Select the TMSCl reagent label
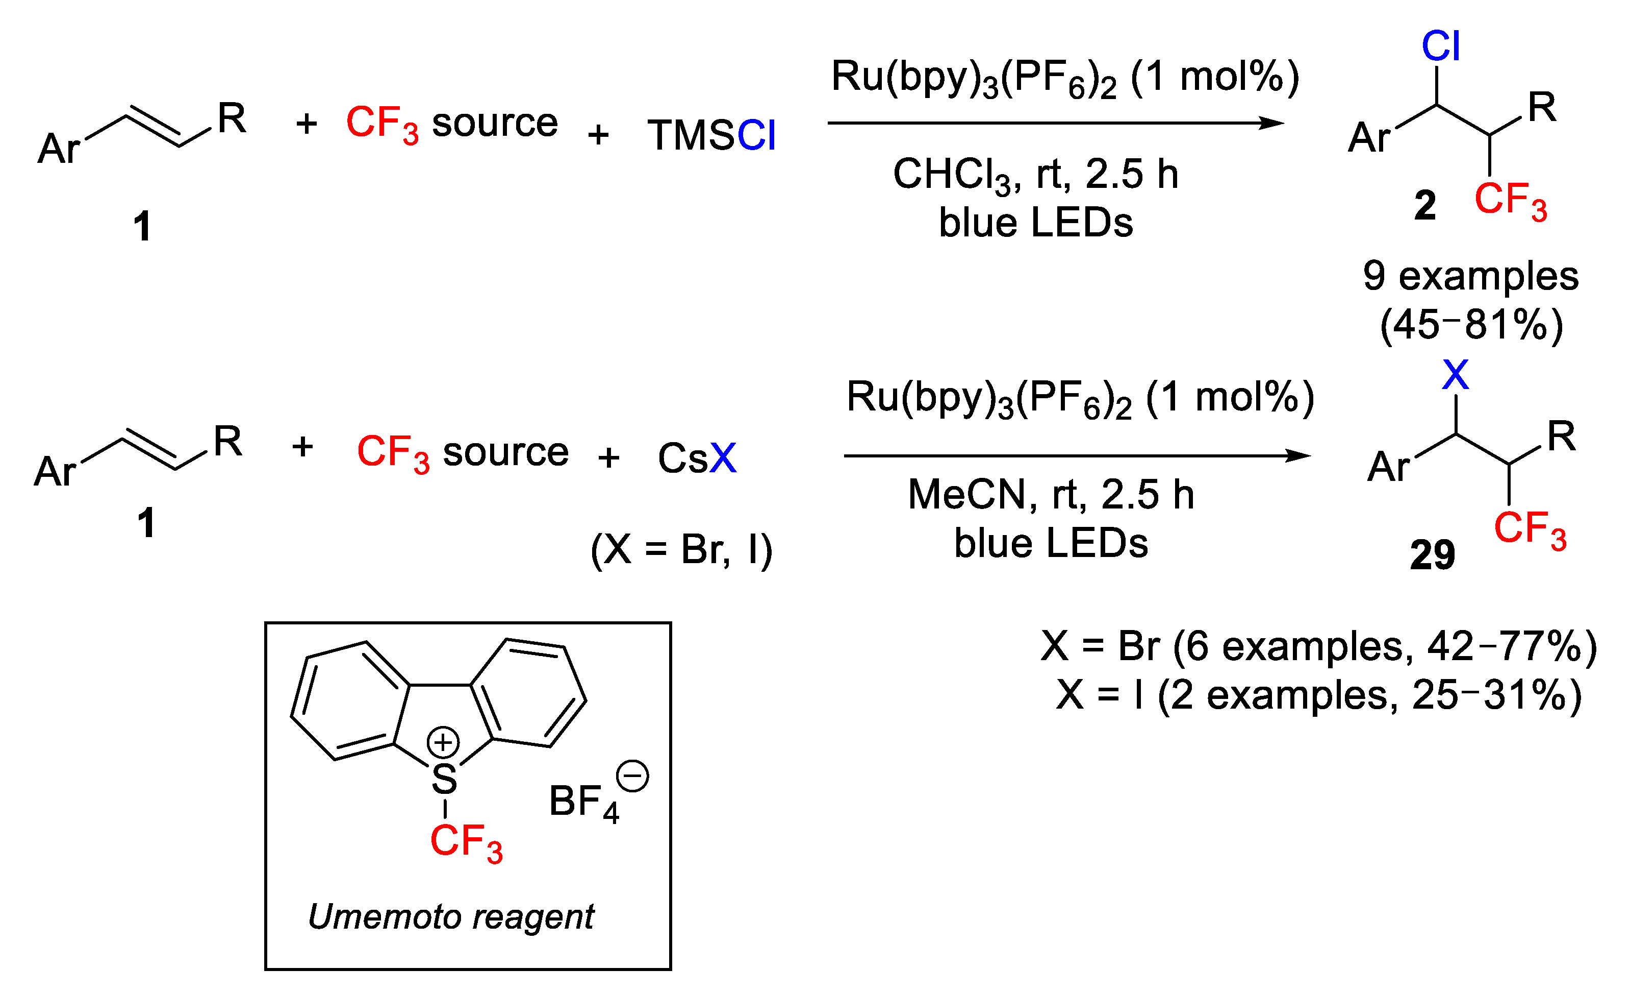click(711, 136)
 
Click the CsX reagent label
click(697, 458)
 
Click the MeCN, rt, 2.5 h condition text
click(1051, 495)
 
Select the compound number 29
click(1432, 555)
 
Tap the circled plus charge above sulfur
click(443, 742)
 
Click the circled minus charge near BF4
click(632, 776)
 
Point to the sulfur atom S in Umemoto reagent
click(444, 779)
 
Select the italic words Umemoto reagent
click(451, 917)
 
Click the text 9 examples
click(1470, 276)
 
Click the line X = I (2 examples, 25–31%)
click(1319, 695)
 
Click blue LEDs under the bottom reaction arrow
click(1051, 544)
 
